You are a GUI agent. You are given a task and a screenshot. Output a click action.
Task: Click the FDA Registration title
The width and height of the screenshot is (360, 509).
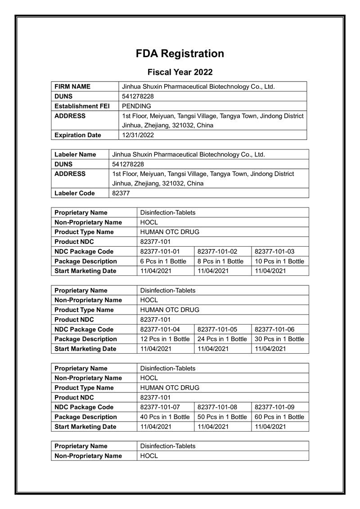point(180,54)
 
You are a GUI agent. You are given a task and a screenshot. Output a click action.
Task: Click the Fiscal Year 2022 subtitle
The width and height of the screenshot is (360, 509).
point(180,72)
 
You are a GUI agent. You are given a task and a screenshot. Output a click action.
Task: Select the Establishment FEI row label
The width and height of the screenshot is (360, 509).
point(82,106)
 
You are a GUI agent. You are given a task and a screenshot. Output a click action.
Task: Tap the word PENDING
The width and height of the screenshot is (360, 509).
point(137,106)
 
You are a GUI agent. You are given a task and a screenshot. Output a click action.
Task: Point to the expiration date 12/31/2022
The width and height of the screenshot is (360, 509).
point(138,135)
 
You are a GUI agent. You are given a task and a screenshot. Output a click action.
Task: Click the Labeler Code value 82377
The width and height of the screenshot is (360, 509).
point(121,193)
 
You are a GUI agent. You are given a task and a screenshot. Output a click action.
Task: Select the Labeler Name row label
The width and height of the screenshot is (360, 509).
point(75,154)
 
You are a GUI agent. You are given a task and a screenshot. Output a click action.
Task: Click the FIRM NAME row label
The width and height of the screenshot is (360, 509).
point(72,86)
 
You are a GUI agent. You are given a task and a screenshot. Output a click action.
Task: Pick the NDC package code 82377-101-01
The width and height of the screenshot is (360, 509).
point(160,252)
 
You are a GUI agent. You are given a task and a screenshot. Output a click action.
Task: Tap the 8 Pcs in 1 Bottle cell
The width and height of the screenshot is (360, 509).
point(220,261)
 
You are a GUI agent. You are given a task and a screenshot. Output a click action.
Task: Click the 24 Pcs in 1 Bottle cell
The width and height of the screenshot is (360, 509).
point(222,339)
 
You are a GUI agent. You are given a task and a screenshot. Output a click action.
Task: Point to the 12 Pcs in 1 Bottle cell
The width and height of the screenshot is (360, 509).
point(165,339)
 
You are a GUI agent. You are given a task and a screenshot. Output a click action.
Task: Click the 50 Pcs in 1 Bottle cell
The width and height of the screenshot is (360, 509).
point(222,417)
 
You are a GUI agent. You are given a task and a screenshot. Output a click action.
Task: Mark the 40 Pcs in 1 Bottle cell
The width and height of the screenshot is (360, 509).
point(165,417)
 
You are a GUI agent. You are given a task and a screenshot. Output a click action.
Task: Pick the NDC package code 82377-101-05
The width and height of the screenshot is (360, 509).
point(217,329)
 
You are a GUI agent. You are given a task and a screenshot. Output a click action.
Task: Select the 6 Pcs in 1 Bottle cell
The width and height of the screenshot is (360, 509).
point(163,261)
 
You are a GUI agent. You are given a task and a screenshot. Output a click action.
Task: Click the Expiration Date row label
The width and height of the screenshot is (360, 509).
point(78,135)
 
